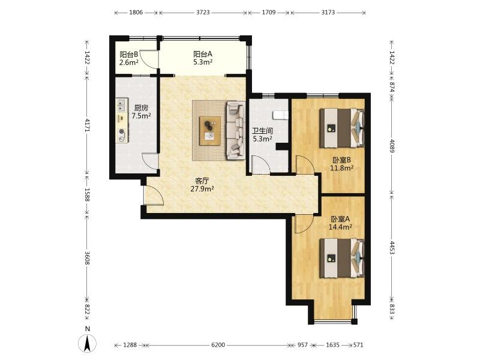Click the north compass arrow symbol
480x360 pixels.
coord(87,343)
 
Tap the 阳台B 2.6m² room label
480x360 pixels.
coord(129,58)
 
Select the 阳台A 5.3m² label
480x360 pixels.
coord(203,58)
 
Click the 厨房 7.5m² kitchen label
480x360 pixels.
coord(141,112)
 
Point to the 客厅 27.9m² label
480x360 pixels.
coord(202,185)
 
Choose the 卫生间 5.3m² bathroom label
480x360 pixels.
coord(262,135)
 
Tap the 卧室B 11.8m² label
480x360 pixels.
coord(341,164)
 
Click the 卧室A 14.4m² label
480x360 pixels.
coord(340,223)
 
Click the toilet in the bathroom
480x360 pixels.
coord(281,115)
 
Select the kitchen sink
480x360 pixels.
coord(122,104)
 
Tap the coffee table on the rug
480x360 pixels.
coord(209,131)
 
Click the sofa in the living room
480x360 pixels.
coord(236,131)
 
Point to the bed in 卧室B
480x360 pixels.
coord(342,128)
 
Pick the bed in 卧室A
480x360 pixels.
coord(342,258)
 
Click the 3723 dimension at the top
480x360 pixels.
coord(203,13)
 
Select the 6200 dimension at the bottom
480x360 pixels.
coord(218,345)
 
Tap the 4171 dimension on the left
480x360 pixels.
coord(87,125)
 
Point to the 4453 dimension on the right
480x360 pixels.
coord(392,248)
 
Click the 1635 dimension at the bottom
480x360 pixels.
coord(332,345)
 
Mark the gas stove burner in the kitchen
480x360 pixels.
coord(122,132)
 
